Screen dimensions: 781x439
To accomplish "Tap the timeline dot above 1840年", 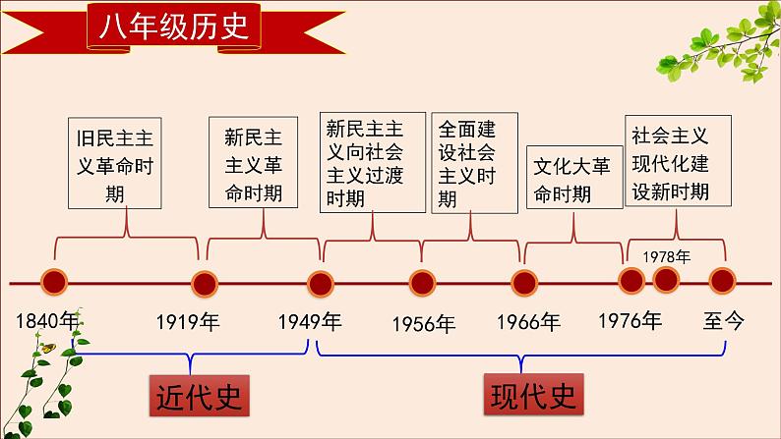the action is click(53, 284).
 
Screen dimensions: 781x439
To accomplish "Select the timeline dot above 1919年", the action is click(204, 284).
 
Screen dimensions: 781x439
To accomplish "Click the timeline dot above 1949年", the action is click(319, 284).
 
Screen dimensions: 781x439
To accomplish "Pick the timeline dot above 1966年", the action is click(524, 284).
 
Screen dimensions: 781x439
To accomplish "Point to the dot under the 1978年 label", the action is click(667, 281).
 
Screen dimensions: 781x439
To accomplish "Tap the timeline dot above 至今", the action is click(724, 282).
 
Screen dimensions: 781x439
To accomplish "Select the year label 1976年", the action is click(630, 320).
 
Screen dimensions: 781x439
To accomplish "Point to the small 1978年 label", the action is click(667, 255).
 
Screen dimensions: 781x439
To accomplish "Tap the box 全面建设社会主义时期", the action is click(472, 164).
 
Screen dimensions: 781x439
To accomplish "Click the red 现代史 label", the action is click(532, 396).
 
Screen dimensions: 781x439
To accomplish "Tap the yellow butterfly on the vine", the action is click(44, 346).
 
